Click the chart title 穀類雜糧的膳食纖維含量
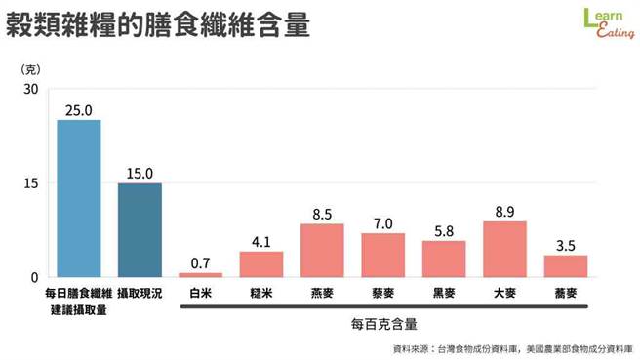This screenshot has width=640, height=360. pyautogui.click(x=158, y=24)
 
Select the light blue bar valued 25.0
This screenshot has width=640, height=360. pyautogui.click(x=79, y=198)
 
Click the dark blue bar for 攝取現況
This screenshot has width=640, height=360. pyautogui.click(x=140, y=229)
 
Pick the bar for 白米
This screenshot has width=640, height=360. pyautogui.click(x=200, y=274)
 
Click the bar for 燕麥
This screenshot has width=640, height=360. pyautogui.click(x=322, y=250)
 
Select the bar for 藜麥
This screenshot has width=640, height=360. pyautogui.click(x=382, y=255)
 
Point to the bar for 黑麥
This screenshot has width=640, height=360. pyautogui.click(x=444, y=259)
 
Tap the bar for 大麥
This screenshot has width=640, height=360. pyautogui.click(x=504, y=249)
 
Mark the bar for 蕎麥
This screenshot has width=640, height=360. pyautogui.click(x=566, y=265)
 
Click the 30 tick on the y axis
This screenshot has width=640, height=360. pyautogui.click(x=30, y=89)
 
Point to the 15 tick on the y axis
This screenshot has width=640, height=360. pyautogui.click(x=30, y=183)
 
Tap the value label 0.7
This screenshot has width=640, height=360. pyautogui.click(x=200, y=261)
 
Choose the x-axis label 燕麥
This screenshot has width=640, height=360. pyautogui.click(x=322, y=292)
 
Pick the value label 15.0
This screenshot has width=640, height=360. pyautogui.click(x=140, y=174)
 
